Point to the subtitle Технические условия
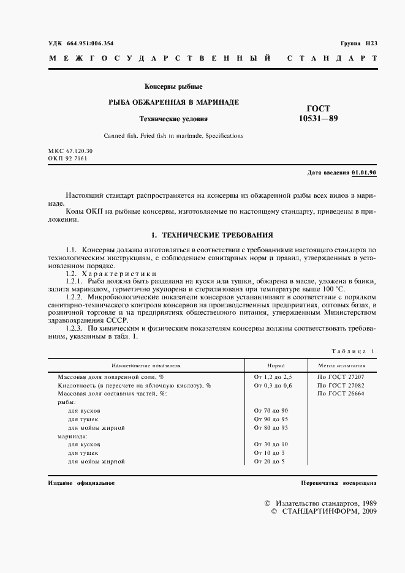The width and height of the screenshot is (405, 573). tap(173, 119)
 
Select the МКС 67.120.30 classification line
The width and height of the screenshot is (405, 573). tap(70, 150)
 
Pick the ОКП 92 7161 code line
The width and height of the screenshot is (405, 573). tap(67, 158)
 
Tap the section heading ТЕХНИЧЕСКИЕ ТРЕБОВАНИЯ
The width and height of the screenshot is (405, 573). tap(211, 235)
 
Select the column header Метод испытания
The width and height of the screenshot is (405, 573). tap(346, 365)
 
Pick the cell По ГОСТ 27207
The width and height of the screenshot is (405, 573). tap(341, 376)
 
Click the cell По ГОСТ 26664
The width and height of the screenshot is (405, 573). tap(341, 394)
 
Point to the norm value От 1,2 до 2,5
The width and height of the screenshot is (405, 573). tap(273, 376)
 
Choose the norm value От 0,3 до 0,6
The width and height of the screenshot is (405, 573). tap(273, 385)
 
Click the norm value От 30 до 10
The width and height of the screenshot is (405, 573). tap(271, 444)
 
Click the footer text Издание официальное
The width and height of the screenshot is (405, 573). tap(81, 483)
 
